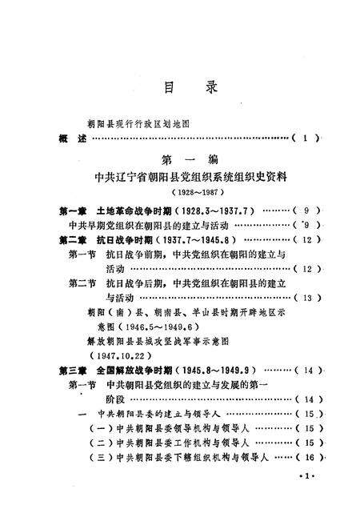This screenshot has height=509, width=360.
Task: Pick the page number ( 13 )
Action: (x=306, y=298)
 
